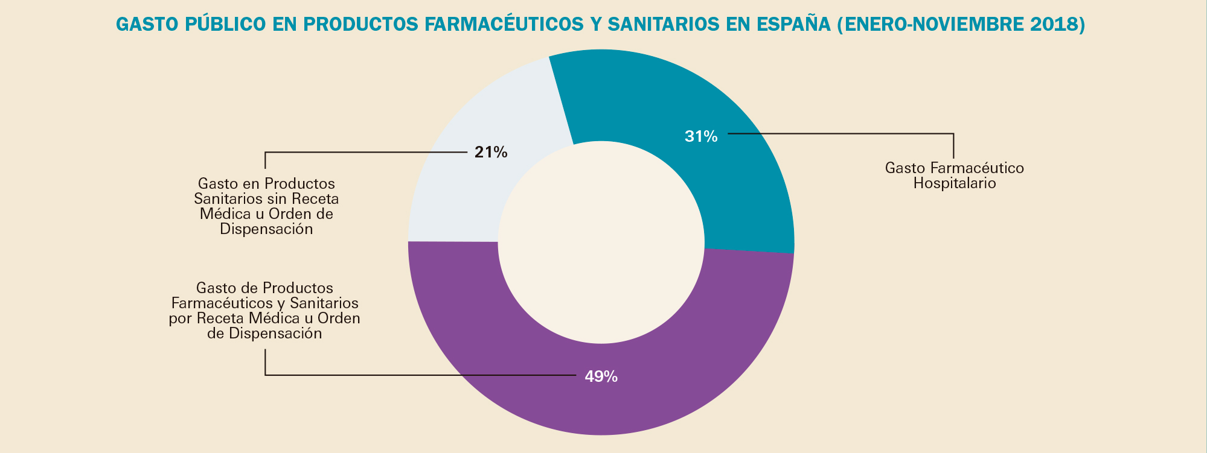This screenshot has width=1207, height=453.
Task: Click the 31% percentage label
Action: point(701,137)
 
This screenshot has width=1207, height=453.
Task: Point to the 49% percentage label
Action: point(601,377)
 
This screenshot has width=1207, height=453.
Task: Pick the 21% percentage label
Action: point(491,153)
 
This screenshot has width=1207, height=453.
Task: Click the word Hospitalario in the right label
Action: point(954,183)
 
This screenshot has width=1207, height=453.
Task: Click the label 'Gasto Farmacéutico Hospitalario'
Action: point(954,176)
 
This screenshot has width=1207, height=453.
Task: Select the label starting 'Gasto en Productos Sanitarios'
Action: point(266,206)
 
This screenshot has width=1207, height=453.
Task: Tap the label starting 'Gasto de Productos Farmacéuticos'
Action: point(264,311)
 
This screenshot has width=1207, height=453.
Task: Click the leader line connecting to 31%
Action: point(845,133)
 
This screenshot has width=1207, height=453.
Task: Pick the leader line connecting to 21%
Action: point(362,152)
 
